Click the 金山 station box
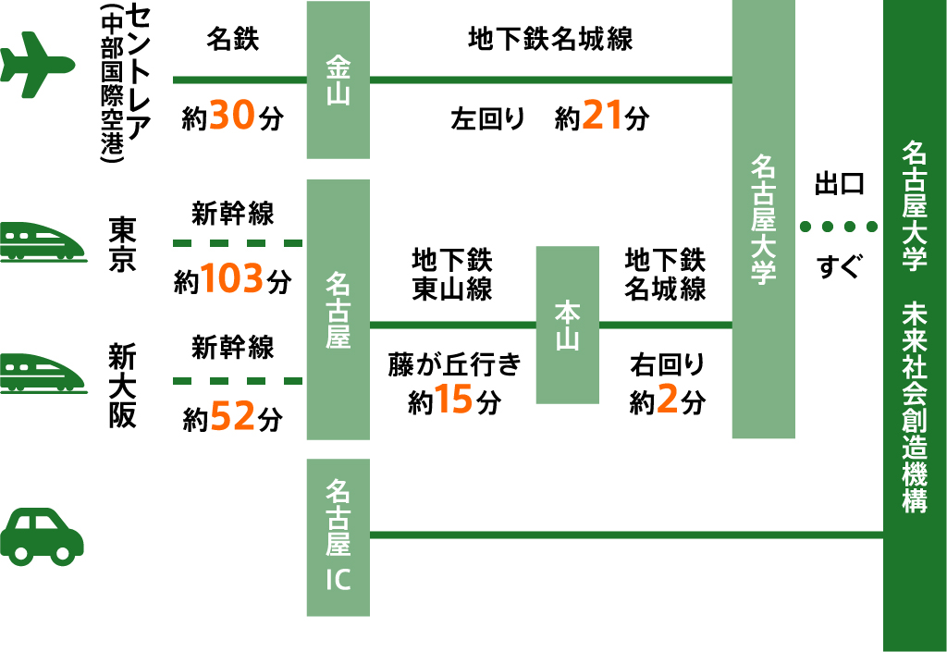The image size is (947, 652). [x=338, y=80]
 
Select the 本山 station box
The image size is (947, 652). [x=567, y=325]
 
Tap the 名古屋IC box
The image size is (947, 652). [x=338, y=536]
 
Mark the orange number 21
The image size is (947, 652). [x=602, y=117]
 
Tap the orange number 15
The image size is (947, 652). [x=455, y=401]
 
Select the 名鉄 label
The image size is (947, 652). [x=233, y=40]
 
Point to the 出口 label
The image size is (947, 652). [x=839, y=183]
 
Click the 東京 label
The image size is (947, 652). [x=123, y=242]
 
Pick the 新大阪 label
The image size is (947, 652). [x=123, y=385]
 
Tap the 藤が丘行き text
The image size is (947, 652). [x=454, y=364]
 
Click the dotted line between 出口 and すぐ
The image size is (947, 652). [x=838, y=227]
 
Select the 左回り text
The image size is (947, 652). [x=488, y=118]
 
